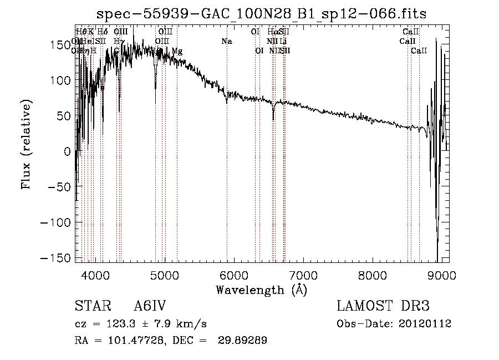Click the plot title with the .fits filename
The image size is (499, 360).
(262, 14)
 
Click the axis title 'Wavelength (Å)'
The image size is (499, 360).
(262, 290)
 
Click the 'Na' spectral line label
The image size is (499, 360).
(226, 41)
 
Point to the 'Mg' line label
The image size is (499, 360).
(177, 51)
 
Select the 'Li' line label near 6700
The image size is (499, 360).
(283, 41)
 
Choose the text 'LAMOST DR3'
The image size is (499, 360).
(383, 306)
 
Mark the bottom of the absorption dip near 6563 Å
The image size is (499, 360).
(273, 119)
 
